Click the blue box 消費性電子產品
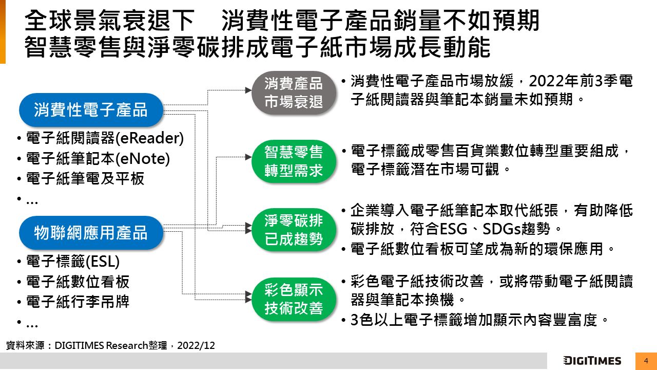pyautogui.click(x=91, y=109)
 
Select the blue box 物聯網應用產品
pyautogui.click(x=91, y=233)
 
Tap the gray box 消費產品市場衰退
pyautogui.click(x=294, y=93)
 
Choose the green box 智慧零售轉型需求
pyautogui.click(x=294, y=161)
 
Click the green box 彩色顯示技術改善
pyautogui.click(x=294, y=299)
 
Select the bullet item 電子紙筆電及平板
pyautogui.click(x=85, y=179)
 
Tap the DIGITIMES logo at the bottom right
pyautogui.click(x=592, y=361)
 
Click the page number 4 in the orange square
pyautogui.click(x=646, y=361)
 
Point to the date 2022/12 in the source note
pyautogui.click(x=196, y=346)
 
